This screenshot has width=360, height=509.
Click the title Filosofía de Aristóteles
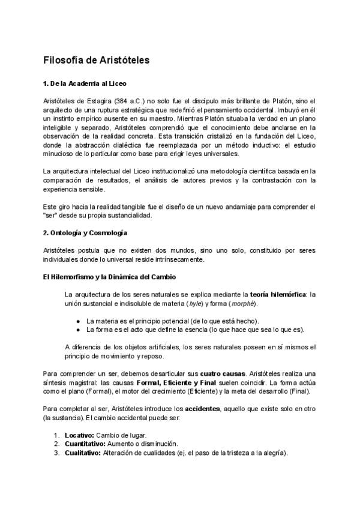(x=97, y=61)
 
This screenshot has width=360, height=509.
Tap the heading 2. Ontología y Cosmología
(x=86, y=232)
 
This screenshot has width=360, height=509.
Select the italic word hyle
(x=211, y=304)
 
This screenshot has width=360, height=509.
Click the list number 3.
(x=56, y=453)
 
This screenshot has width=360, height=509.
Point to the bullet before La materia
(x=78, y=321)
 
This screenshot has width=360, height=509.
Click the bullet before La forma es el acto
(x=78, y=330)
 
